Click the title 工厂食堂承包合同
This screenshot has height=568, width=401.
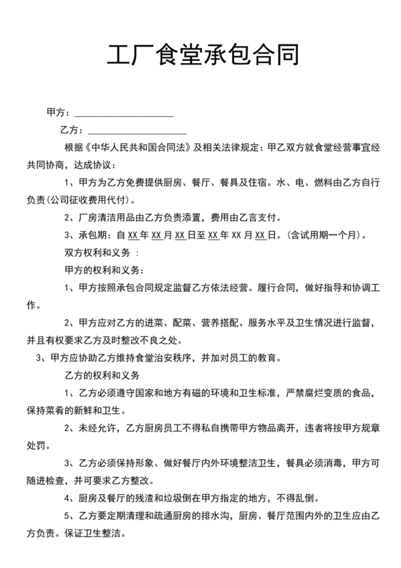tap(200, 55)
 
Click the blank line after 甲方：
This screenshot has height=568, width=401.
tap(123, 113)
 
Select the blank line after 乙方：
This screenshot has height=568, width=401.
tap(137, 131)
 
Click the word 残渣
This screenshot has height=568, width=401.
tap(146, 497)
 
